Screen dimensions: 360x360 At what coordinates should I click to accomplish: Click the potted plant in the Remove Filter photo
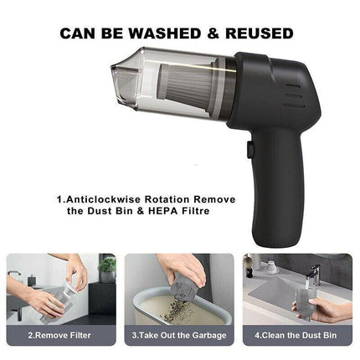pos(107,269)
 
